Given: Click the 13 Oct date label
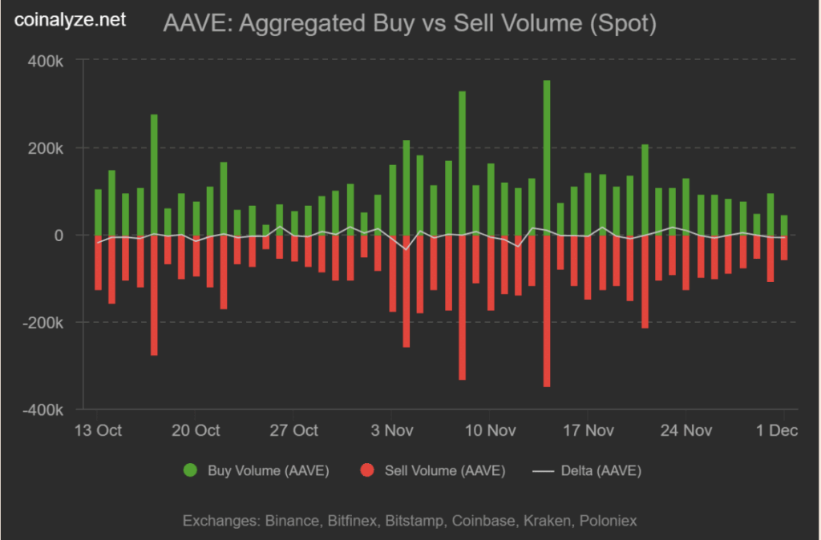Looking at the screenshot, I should [x=98, y=430].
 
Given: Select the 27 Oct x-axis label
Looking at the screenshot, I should [x=293, y=430].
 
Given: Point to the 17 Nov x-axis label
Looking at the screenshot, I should [x=588, y=430].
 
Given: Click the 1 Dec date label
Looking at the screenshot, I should [x=777, y=430].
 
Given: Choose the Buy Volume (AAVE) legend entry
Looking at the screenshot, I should [x=257, y=470].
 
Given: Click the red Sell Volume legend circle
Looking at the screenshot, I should [x=368, y=470].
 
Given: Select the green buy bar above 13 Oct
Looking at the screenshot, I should [x=98, y=212].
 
